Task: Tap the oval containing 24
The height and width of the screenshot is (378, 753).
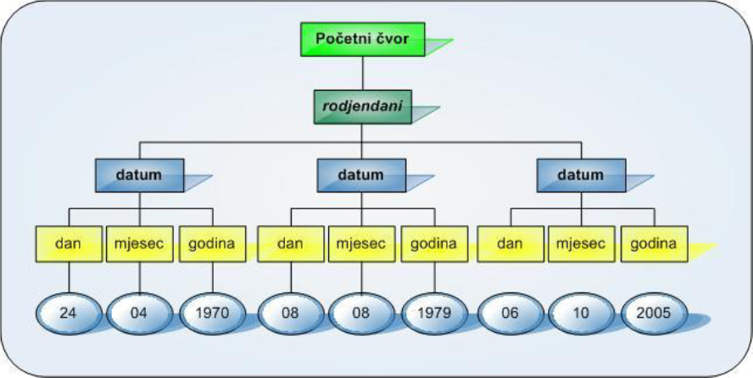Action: tap(69, 313)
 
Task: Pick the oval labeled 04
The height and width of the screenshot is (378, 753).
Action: tap(140, 313)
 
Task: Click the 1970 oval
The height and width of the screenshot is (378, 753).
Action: tap(212, 313)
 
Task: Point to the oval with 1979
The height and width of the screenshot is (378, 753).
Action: tap(433, 313)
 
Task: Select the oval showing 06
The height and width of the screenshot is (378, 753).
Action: tap(510, 313)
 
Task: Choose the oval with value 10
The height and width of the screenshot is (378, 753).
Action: tap(581, 313)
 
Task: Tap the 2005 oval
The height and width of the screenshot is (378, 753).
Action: tap(654, 313)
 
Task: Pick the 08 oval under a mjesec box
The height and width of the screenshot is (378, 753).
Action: tap(361, 313)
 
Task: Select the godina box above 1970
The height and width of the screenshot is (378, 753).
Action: tap(212, 243)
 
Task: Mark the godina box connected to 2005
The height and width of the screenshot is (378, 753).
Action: tap(654, 243)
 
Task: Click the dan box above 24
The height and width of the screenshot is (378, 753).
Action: tap(69, 243)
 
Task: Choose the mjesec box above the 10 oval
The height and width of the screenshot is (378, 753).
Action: tap(581, 243)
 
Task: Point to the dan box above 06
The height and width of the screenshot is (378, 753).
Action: tap(510, 243)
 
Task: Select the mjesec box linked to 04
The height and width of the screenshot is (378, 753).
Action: tap(140, 243)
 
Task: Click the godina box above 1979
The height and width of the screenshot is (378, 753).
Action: tap(433, 243)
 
